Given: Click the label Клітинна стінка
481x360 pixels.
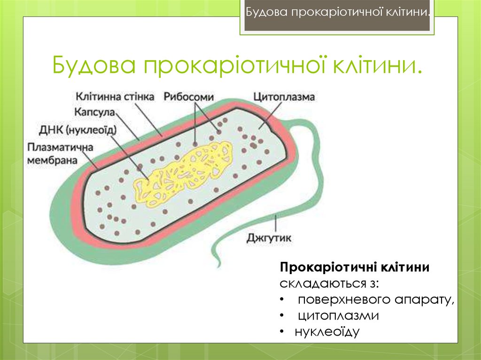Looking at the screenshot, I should coord(114,97).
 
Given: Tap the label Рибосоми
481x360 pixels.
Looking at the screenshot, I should coord(189,97).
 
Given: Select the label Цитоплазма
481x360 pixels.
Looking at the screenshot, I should coord(284,97).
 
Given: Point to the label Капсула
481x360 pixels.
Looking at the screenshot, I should coord(94,113).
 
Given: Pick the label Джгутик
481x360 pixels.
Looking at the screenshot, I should coord(269,238).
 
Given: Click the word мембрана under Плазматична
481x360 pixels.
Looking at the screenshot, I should coord(52,160).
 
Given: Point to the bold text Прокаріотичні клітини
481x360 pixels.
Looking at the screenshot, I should coord(355,268).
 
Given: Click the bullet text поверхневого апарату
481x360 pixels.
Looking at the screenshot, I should coord(376,300).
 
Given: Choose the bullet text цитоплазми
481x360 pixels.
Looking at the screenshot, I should coord(338,316).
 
